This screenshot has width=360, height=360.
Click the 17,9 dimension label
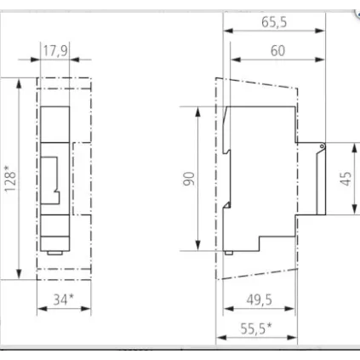pos(55,51)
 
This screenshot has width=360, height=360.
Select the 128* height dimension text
pos(11,178)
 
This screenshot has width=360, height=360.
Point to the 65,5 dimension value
pos(274,24)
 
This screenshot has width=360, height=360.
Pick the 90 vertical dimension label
pos(189,179)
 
